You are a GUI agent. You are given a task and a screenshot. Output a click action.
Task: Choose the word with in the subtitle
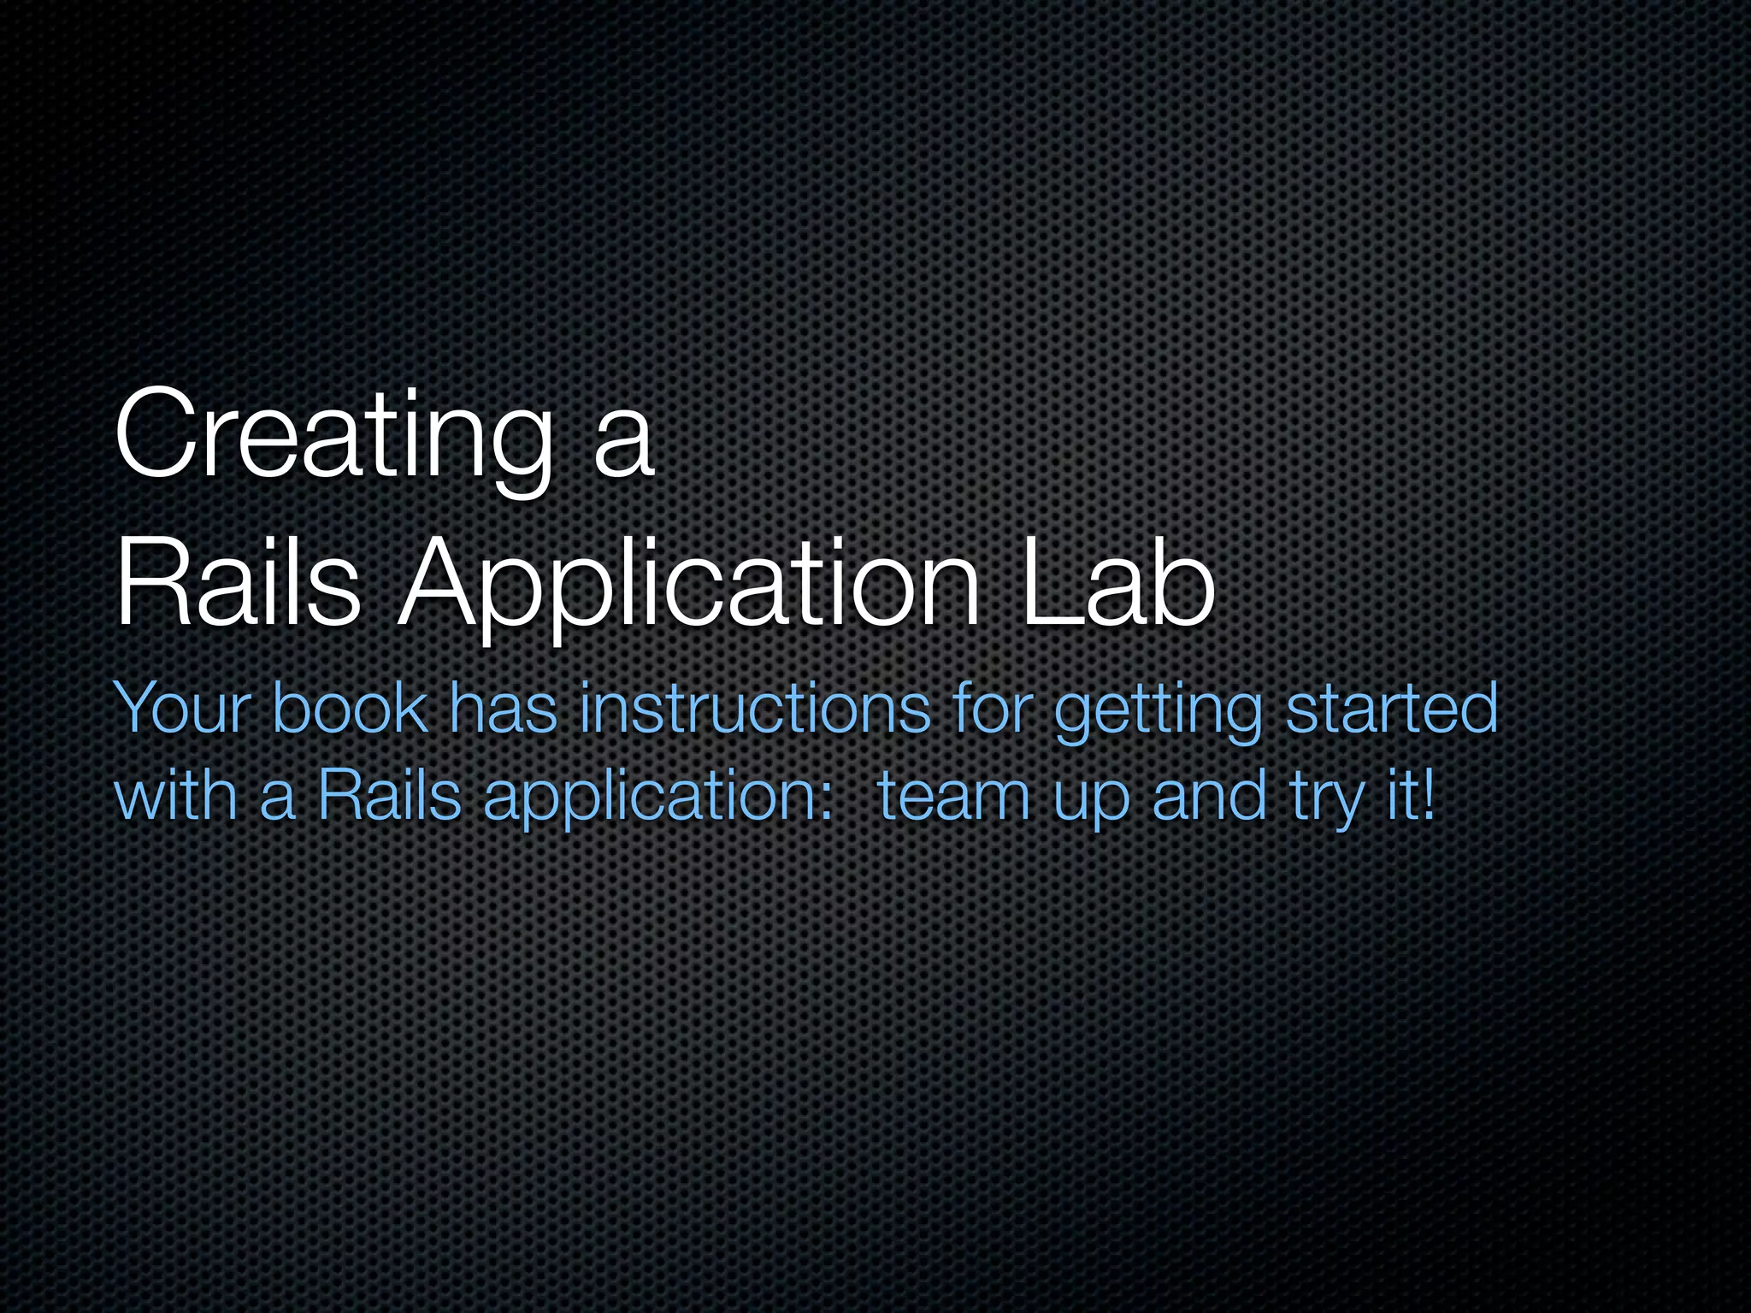point(175,795)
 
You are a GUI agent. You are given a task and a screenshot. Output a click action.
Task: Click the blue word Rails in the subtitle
point(390,795)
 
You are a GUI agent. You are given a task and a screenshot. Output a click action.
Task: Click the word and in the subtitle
point(1209,795)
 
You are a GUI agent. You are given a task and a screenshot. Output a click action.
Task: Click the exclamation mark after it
point(1427,795)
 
